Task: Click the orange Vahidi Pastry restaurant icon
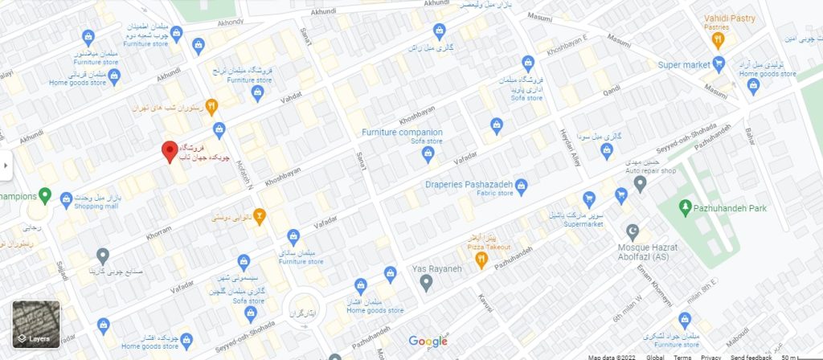pyautogui.click(x=718, y=38)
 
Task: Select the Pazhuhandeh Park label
pyautogui.click(x=728, y=208)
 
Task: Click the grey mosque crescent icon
pyautogui.click(x=632, y=231)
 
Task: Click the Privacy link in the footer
pyautogui.click(x=710, y=357)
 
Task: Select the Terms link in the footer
pyautogui.click(x=682, y=357)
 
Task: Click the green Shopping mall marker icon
pyautogui.click(x=46, y=195)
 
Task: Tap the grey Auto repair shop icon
pyautogui.click(x=640, y=185)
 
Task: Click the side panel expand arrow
pyautogui.click(x=5, y=165)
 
